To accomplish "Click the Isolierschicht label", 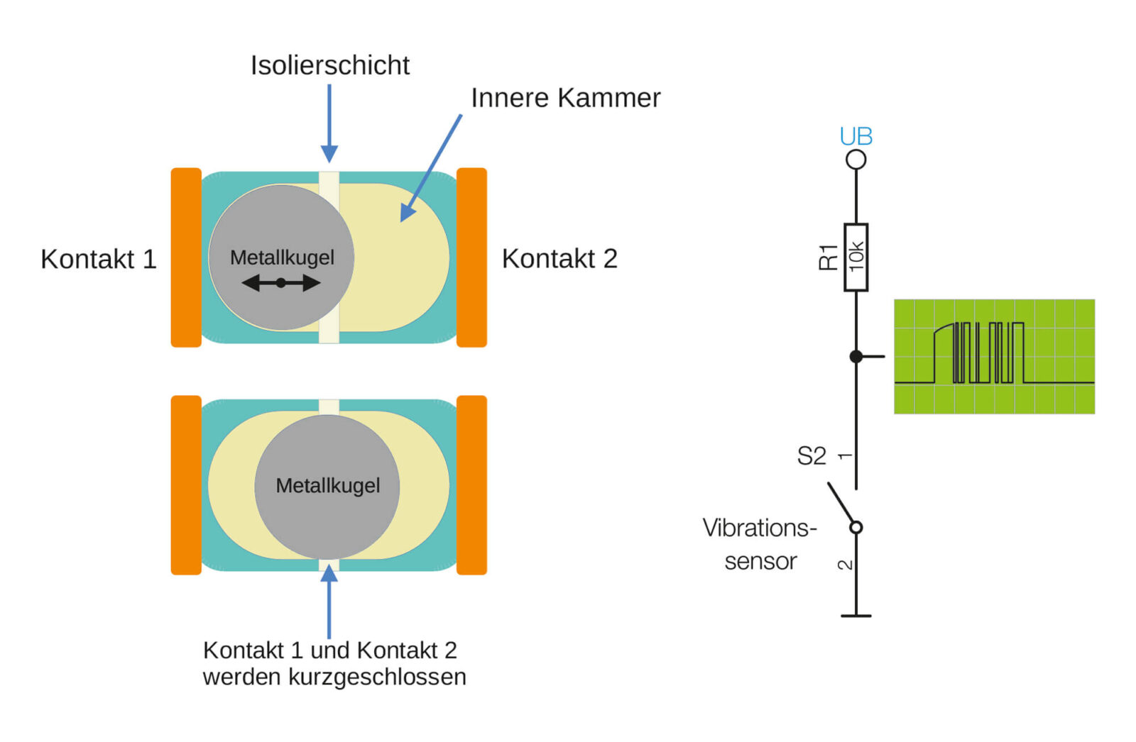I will (329, 65).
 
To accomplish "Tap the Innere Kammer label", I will (565, 98).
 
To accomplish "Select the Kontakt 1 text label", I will (98, 259).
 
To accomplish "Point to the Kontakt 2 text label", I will (559, 259).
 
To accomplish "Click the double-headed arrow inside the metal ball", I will (281, 283).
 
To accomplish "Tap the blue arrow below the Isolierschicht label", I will (329, 123).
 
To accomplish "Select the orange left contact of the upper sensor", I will (186, 258).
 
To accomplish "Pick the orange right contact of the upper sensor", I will (471, 258).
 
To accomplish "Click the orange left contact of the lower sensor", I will (186, 485).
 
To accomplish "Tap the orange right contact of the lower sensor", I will (471, 485).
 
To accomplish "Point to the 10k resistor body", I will (856, 257).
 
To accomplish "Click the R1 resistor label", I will (828, 257).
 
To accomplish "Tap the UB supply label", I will (856, 136).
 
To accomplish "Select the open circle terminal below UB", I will (856, 160).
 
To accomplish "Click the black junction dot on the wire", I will (856, 356).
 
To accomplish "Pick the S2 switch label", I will (811, 456).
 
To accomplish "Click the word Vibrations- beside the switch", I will (760, 528).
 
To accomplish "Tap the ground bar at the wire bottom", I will (856, 616).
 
